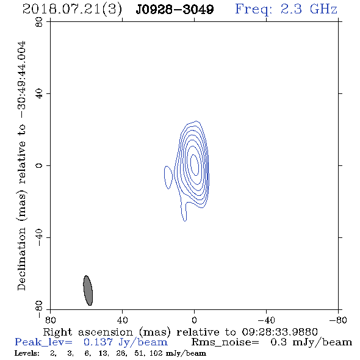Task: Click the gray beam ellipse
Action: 88,290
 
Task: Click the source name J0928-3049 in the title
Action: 175,9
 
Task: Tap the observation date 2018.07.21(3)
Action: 72,9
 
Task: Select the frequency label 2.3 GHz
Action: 309,9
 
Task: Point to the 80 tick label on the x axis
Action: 50,320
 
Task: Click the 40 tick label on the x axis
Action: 122,320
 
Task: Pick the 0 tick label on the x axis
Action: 194,320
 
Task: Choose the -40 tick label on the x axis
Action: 266,320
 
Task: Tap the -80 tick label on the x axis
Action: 338,320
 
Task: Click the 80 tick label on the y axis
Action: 39,22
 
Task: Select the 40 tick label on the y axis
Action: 39,94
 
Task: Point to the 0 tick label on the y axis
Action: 39,165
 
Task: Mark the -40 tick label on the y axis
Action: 39,237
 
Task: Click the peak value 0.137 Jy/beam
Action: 126,342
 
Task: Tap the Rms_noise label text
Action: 225,342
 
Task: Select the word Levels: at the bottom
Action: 27,353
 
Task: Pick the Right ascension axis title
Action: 180,332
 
